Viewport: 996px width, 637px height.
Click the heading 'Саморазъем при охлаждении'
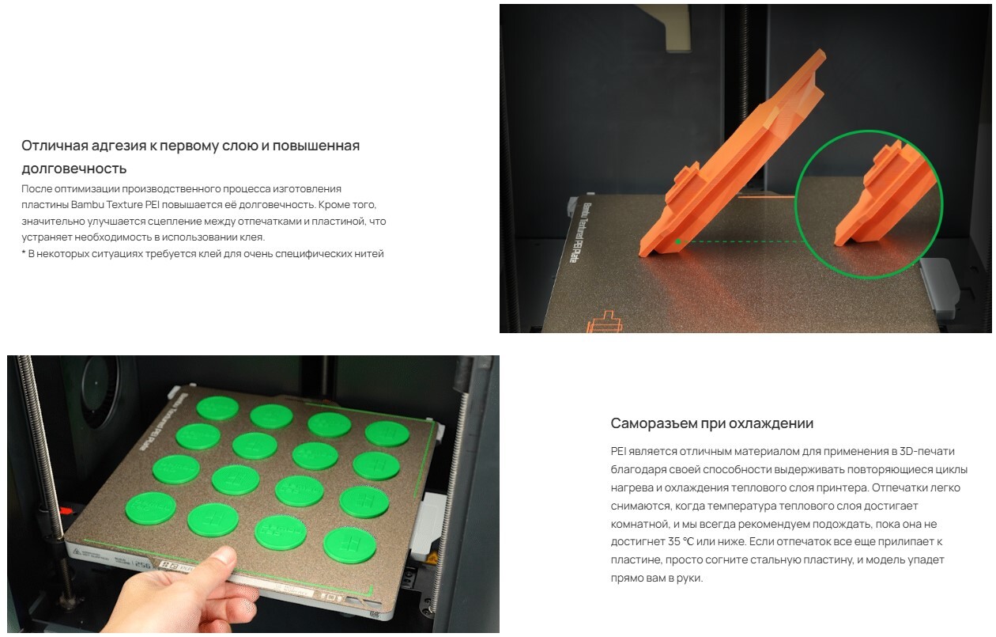pos(711,423)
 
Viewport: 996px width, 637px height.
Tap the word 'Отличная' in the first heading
pos(52,146)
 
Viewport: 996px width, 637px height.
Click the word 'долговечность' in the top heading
pos(74,169)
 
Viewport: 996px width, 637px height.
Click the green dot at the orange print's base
pos(677,241)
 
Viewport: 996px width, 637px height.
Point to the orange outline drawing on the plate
pos(605,322)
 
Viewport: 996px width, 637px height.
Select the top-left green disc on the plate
pos(217,408)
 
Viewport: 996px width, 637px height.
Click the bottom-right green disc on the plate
pos(349,545)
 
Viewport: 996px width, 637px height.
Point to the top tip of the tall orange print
pos(820,51)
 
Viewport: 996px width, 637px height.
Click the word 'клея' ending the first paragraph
pos(252,237)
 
